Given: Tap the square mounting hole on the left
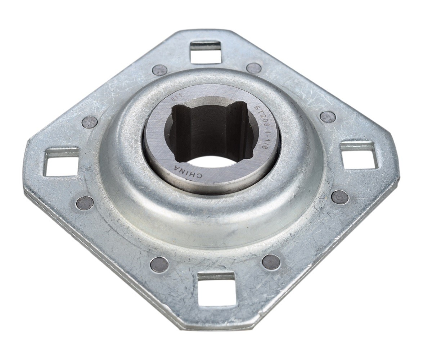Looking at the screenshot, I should (x=61, y=161).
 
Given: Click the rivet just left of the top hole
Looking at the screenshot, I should (x=159, y=70).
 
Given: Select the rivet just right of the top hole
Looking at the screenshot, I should (x=254, y=68).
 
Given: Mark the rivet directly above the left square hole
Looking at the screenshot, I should (x=90, y=122).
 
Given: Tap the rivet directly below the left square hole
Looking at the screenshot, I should (x=85, y=203).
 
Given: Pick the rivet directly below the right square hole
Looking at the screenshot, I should (x=340, y=197).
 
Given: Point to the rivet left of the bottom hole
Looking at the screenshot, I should (x=159, y=265).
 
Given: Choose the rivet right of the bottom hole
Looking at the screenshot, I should (x=271, y=262).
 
